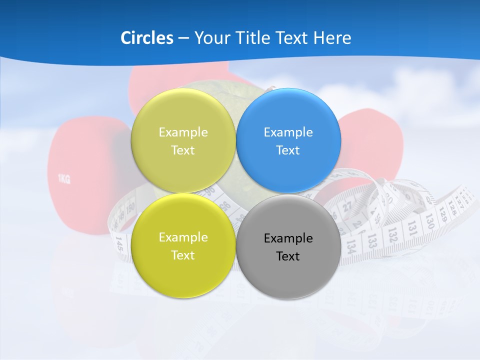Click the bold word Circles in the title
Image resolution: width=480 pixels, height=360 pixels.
(146, 38)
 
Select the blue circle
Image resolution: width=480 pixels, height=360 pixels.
(288, 140)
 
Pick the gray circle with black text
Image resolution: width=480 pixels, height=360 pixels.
(288, 246)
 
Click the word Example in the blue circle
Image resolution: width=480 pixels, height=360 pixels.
(288, 132)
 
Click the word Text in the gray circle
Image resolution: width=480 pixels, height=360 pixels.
(288, 256)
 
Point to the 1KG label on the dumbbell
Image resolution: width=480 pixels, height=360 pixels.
(63, 179)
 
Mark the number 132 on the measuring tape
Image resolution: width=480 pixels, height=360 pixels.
(392, 234)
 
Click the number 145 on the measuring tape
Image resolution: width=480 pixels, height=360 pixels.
(119, 243)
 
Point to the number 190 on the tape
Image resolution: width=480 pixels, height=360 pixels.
(130, 206)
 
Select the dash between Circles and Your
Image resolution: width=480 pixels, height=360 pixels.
(183, 38)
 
